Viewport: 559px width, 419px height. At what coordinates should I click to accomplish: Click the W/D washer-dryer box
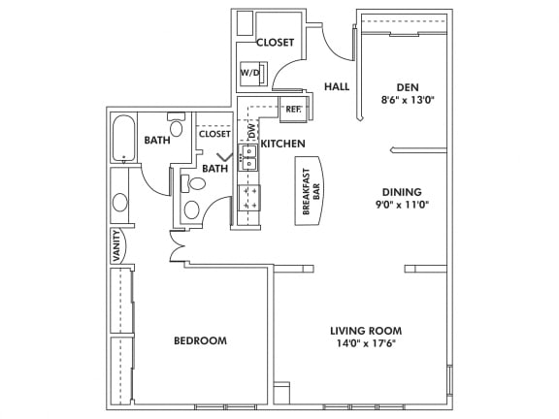pos(250,75)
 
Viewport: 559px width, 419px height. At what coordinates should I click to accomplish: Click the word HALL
pos(337,87)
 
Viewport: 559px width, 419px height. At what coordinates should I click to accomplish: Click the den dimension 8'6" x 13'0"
pos(408,99)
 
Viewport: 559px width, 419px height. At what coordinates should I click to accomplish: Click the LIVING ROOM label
pos(365,330)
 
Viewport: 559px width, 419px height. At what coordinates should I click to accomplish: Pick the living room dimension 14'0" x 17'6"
pos(365,343)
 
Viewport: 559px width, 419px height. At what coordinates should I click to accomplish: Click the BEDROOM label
pos(200,340)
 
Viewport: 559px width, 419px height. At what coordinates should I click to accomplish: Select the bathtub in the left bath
pos(122,140)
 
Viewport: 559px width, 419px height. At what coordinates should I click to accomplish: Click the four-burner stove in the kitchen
pos(249,198)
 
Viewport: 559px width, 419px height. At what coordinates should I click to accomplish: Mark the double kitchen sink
pos(249,158)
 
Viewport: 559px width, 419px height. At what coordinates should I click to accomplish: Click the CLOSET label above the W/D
pos(275,43)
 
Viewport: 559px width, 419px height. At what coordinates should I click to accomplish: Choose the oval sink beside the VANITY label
pos(119,203)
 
